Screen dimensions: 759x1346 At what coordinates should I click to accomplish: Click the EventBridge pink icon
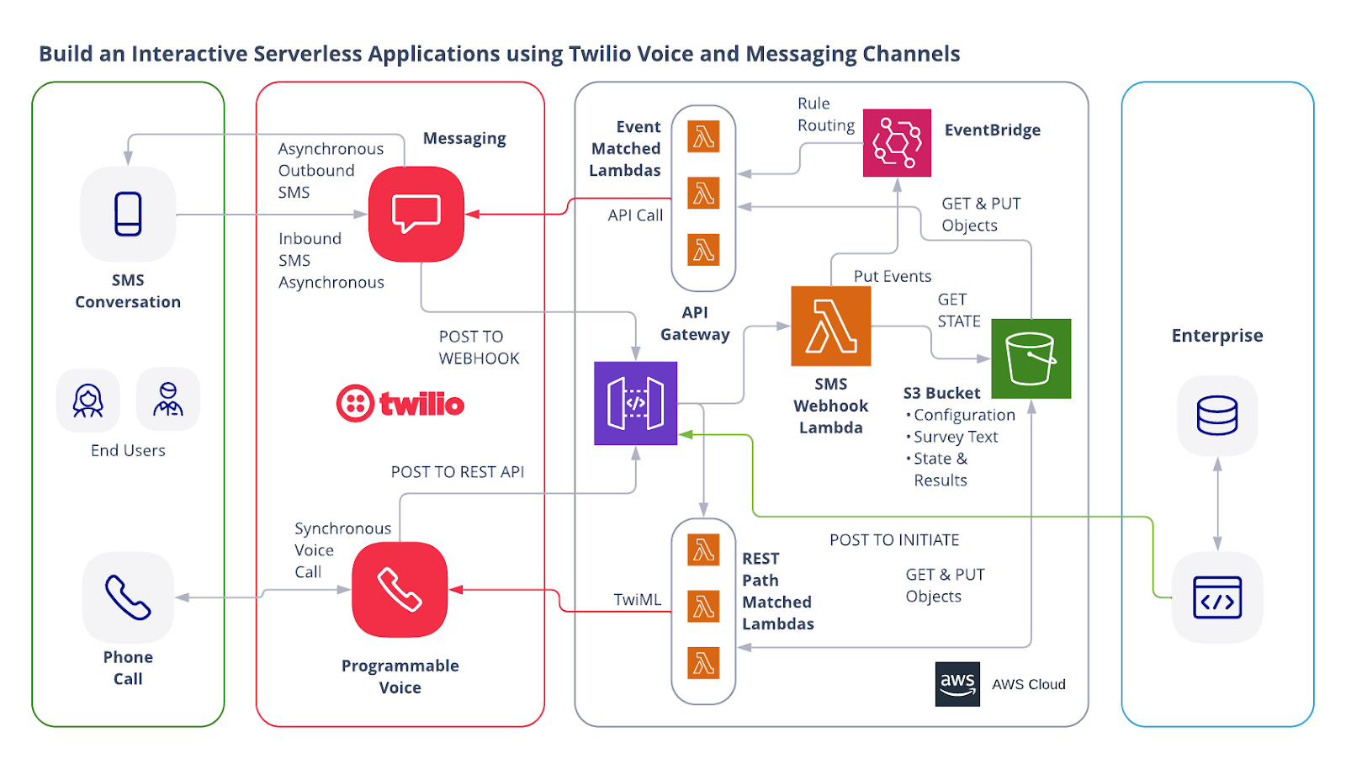click(897, 142)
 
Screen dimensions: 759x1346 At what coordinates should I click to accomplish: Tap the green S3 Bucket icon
click(1031, 358)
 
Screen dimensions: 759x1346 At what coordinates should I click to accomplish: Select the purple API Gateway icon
click(635, 403)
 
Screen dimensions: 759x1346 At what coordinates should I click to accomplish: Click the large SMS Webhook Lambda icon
click(830, 326)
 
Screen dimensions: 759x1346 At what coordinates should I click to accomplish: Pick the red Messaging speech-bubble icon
click(416, 214)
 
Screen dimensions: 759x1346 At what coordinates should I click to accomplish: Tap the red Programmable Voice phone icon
click(400, 589)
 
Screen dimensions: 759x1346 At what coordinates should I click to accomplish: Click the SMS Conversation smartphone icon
click(128, 214)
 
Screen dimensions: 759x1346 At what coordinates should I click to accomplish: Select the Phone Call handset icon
click(128, 597)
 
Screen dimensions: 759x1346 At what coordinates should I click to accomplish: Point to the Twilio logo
click(400, 404)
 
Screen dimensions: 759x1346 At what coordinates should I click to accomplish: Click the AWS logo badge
click(957, 683)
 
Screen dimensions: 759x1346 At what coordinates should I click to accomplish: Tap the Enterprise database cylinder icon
click(1216, 415)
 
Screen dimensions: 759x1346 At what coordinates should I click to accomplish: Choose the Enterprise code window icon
click(1216, 597)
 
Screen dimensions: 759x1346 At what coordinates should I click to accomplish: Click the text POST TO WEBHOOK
click(479, 348)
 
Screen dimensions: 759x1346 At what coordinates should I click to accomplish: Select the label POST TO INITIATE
click(894, 540)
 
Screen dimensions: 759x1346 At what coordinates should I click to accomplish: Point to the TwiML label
click(637, 600)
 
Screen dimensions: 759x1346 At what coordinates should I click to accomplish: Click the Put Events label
click(892, 276)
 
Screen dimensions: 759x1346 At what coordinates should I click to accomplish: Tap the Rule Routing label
click(825, 114)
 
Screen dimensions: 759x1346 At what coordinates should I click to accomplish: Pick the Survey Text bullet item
click(955, 437)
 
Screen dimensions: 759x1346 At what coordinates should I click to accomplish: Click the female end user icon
click(88, 401)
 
